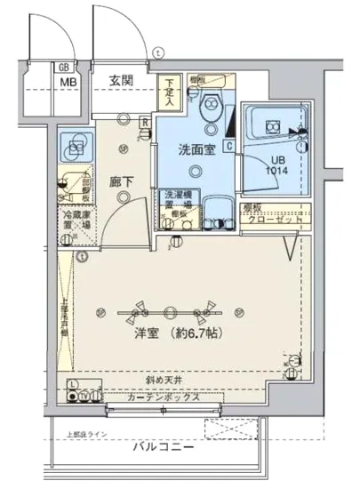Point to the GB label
point(64,68)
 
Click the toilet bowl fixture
point(210,109)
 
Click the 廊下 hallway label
point(121,181)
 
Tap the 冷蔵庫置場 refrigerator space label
point(74,220)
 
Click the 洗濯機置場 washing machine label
point(175,199)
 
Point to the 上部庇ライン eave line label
point(89,434)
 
